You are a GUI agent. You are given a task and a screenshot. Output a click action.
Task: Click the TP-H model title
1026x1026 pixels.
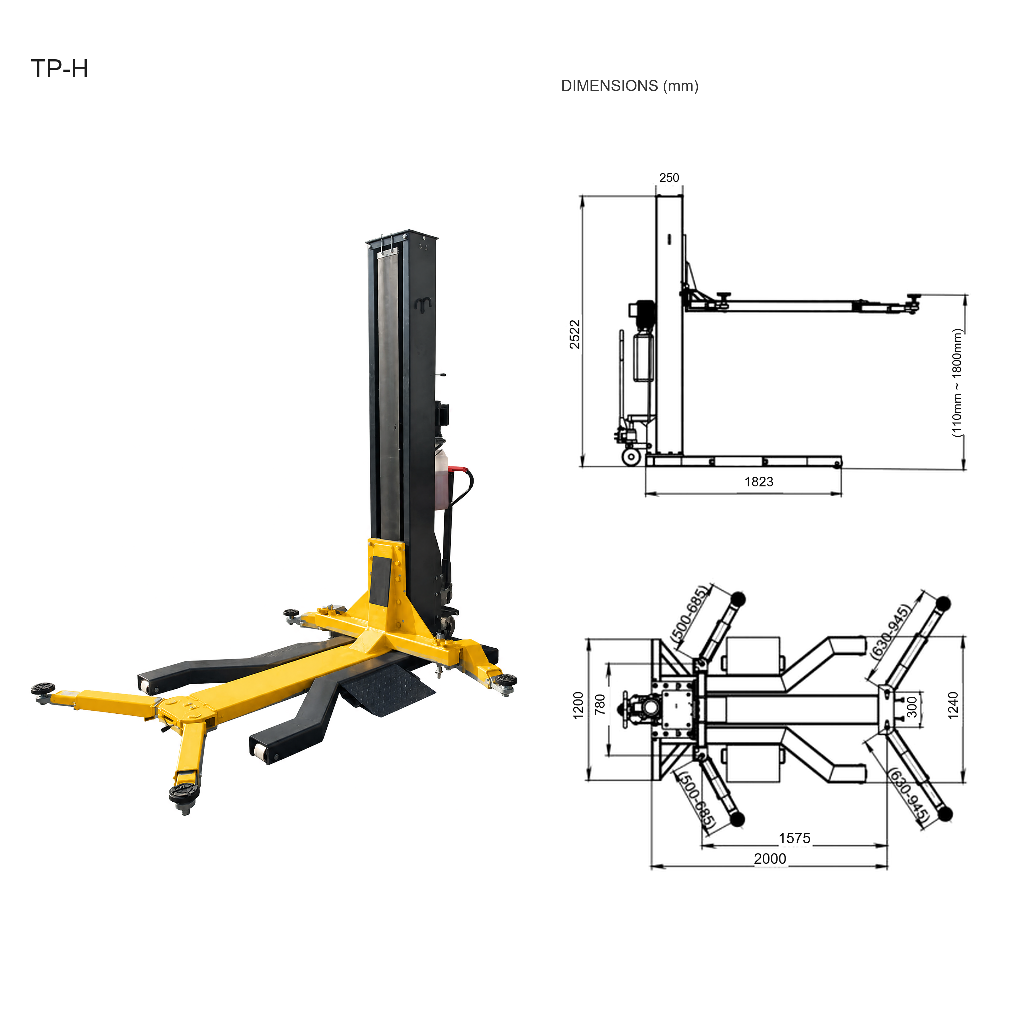point(60,69)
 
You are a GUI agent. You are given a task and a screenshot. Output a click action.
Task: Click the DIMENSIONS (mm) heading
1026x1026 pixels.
point(630,86)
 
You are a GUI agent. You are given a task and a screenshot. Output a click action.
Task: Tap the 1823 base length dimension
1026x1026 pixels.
point(759,482)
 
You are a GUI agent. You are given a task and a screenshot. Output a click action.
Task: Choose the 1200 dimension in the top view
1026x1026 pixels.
point(578,705)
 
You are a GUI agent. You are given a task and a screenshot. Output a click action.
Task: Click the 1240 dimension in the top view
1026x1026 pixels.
point(953,705)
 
